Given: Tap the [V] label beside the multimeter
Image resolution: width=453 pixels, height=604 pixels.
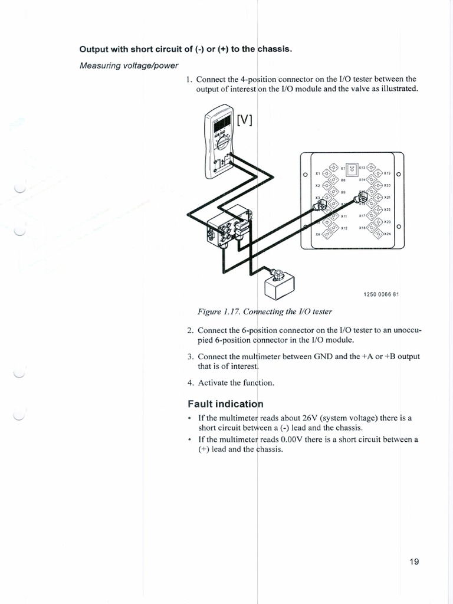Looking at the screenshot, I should coord(244,120).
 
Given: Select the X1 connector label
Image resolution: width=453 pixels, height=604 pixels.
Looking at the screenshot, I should coord(317,173).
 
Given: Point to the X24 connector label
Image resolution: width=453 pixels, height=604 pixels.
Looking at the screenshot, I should coord(388,234).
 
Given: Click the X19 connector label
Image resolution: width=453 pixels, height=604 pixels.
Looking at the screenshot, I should coord(387,173).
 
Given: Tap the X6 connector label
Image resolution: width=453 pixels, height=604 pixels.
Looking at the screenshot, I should coord(317,234).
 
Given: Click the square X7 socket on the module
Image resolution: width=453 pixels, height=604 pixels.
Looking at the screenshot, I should coord(352,169).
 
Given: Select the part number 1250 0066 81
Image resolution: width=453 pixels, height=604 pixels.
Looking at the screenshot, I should coord(378,294).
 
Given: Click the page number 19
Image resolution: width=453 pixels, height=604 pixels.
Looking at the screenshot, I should coord(413,562).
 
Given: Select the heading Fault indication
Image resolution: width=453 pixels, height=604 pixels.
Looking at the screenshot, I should coord(225,404).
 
